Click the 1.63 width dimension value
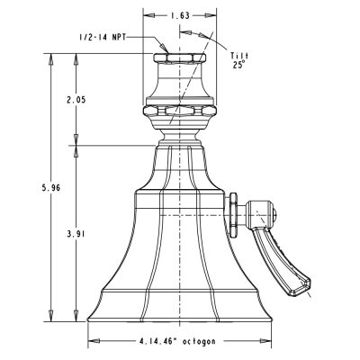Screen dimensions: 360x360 tap(180, 15)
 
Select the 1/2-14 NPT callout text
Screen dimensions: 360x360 tap(103, 37)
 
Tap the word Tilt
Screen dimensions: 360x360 tap(239, 56)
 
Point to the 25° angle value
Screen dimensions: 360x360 tap(239, 65)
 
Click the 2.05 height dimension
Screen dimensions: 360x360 tap(76, 100)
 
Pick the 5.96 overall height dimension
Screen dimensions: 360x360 tap(50, 188)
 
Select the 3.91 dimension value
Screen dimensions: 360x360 tap(76, 234)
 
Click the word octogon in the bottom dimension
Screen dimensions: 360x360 tap(199, 341)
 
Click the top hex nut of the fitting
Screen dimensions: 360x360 tap(180, 58)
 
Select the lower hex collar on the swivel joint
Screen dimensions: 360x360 tap(180, 111)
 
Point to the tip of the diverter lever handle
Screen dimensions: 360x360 tap(309, 282)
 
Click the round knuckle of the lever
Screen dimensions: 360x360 tap(260, 214)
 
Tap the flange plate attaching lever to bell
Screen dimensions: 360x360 tap(234, 215)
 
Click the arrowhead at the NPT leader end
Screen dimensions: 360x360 tap(163, 48)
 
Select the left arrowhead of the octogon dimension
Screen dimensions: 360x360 tap(94, 341)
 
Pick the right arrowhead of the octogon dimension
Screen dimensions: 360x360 tap(265, 341)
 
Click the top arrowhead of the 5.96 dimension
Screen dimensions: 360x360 tap(50, 58)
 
